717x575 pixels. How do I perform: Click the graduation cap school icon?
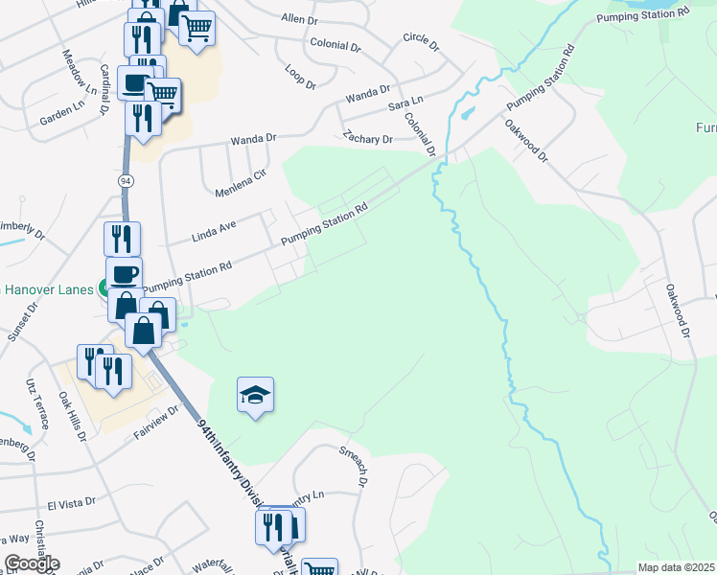(255, 396)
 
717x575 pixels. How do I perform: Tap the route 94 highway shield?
(127, 179)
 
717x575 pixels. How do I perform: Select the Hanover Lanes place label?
(48, 288)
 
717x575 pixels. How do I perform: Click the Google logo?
(32, 563)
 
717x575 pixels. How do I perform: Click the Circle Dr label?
(420, 42)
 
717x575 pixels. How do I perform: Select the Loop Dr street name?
(300, 76)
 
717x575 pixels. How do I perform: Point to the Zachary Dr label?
(368, 139)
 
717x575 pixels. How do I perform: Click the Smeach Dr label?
(353, 464)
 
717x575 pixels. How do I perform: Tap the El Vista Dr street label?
(70, 501)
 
